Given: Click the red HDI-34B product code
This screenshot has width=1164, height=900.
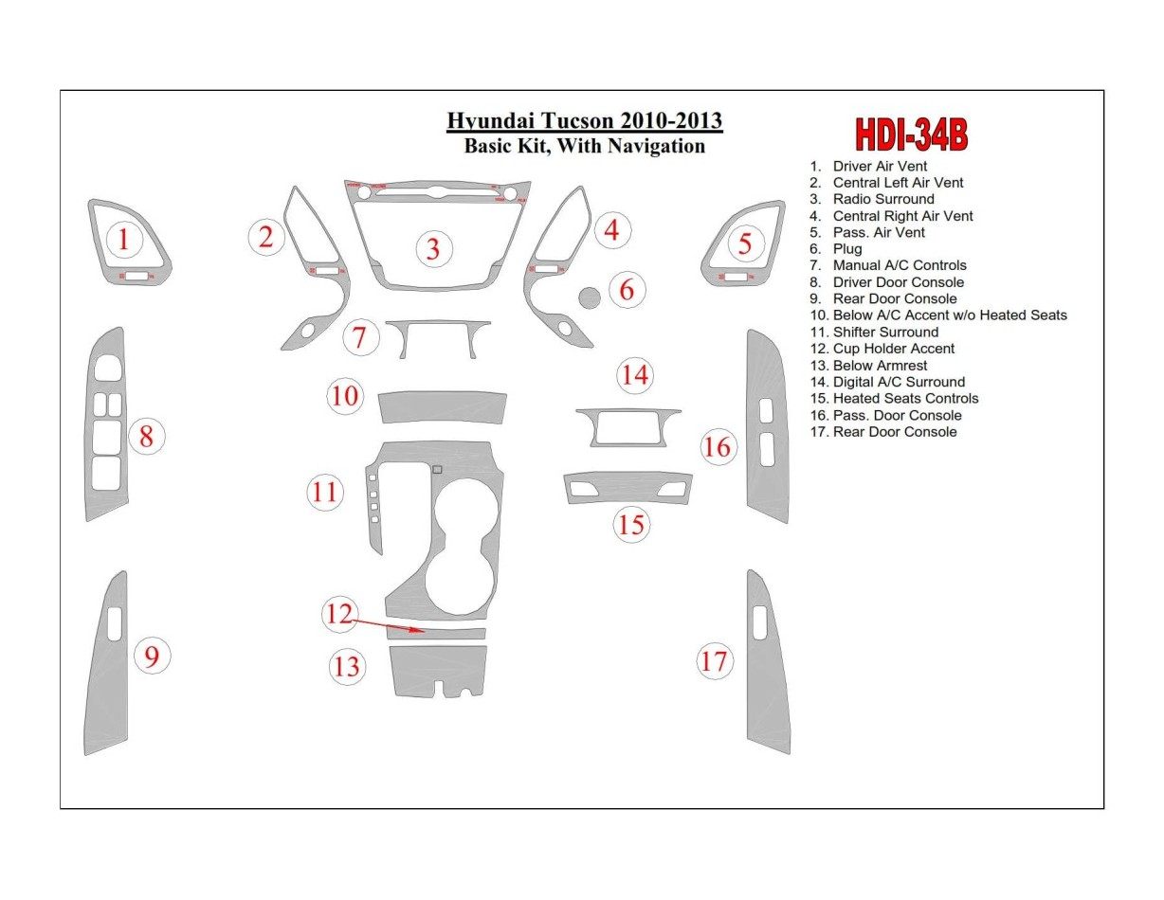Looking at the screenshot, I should tap(911, 135).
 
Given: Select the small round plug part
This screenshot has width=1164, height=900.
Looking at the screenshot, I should tap(589, 297).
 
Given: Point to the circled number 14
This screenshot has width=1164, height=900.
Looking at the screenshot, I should tap(634, 376).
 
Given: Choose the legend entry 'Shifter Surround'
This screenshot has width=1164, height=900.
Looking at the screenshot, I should tap(885, 333).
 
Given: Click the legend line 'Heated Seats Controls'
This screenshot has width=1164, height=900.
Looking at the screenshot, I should tap(905, 399).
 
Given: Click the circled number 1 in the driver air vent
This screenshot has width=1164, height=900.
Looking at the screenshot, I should tap(123, 241).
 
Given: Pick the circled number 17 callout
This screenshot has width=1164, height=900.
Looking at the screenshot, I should tap(714, 660).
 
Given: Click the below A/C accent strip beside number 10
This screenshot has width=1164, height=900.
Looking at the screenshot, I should tap(442, 408).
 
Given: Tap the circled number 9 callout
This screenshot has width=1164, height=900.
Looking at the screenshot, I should tap(152, 655).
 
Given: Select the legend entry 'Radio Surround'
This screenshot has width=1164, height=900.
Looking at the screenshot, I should tap(883, 199).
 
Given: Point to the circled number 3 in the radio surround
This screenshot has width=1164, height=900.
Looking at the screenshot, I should tap(433, 249).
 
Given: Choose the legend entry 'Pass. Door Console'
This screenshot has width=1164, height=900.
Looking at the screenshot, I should tap(897, 415).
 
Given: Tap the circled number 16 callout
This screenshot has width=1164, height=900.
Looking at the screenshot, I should tap(718, 445).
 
